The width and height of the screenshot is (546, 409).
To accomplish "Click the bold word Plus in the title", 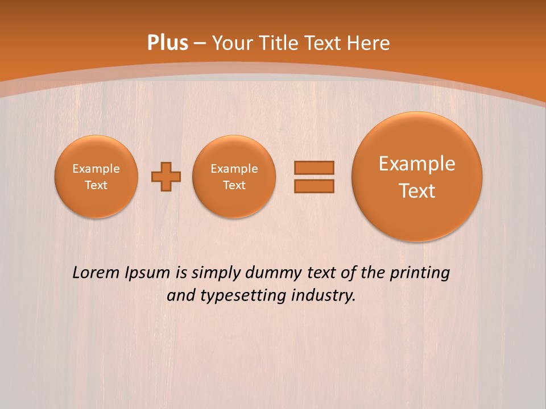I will (168, 43).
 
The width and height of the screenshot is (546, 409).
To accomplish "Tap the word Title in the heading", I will (280, 43).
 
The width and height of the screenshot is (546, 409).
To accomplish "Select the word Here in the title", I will (369, 43).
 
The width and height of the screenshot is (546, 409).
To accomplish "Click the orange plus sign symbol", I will (166, 177).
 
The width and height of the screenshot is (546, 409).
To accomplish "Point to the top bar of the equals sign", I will (314, 168).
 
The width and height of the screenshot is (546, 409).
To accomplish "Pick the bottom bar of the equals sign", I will (314, 186).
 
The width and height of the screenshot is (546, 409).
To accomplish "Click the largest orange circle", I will (417, 177).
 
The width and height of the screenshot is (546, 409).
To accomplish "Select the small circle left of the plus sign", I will (96, 177).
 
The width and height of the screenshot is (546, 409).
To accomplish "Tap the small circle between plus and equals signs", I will (234, 177).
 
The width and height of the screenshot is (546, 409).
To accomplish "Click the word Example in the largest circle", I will (417, 164).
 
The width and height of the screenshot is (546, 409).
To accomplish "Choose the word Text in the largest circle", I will (417, 191).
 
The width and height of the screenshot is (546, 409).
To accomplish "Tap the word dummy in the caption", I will (274, 273).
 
